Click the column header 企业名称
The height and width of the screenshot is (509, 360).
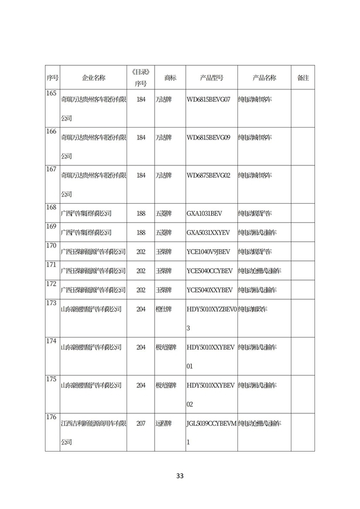93,78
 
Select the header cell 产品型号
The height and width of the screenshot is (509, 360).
211,78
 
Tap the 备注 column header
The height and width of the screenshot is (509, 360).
303,78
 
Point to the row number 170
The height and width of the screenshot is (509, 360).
52,245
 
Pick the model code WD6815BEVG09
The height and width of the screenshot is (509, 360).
208,137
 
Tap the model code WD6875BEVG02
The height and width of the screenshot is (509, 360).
208,175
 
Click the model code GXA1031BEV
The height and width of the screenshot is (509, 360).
204,213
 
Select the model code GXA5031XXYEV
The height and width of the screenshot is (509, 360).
208,232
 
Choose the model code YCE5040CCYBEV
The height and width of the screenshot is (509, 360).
209,271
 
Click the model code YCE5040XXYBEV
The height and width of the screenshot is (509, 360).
209,290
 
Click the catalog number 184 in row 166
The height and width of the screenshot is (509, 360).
141,137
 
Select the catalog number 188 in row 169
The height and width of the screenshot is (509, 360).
141,232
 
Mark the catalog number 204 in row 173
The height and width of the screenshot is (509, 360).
141,309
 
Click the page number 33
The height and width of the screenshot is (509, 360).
180,476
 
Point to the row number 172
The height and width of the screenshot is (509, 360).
52,283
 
